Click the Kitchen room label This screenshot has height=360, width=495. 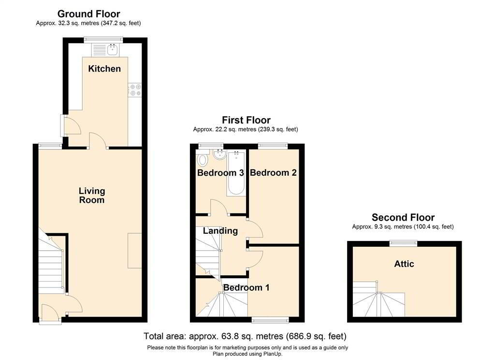104,69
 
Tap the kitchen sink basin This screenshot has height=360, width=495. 112,50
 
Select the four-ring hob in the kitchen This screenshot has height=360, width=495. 135,90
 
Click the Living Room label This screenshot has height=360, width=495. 91,195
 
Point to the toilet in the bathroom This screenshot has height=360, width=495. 203,160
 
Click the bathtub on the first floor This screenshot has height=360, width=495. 235,174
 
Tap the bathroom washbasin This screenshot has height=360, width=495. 219,154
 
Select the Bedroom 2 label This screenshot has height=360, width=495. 273,173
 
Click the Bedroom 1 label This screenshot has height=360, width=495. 246,287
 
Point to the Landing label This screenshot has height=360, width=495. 220,231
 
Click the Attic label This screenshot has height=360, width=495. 404,264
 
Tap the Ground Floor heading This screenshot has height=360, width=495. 89,14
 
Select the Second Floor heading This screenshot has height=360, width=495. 403,217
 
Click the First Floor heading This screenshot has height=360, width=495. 246,120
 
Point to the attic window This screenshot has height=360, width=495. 403,243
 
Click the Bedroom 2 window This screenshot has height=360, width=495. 273,146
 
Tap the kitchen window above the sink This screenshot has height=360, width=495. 103,40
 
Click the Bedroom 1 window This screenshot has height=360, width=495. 270,320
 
